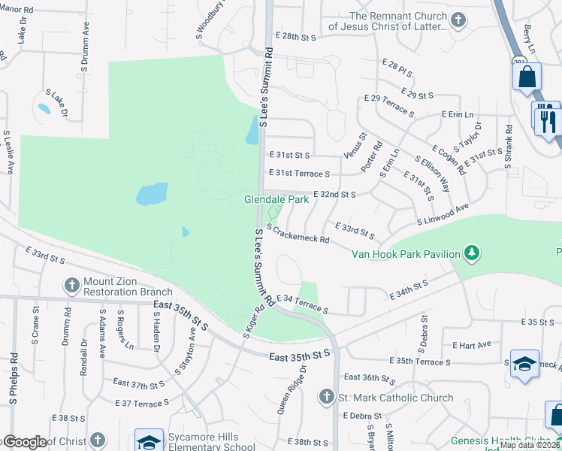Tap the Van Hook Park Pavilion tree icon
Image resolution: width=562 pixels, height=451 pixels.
click(x=472, y=253)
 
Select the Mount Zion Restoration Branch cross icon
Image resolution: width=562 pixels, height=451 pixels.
click(x=71, y=285)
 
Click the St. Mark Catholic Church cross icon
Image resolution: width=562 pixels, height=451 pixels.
click(x=326, y=396)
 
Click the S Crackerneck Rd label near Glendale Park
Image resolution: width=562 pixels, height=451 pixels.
click(x=298, y=235)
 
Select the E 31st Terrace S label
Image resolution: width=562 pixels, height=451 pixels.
click(x=300, y=173)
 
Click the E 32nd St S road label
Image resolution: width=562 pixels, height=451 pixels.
click(x=334, y=194)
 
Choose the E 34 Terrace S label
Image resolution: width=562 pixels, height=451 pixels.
click(x=303, y=304)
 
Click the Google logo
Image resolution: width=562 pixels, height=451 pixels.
click(x=24, y=442)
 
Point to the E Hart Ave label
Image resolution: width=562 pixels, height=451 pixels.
click(x=472, y=344)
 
